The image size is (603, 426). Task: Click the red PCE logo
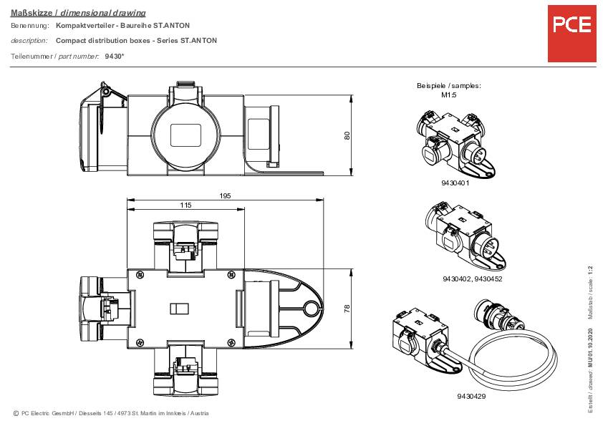(x=572, y=34)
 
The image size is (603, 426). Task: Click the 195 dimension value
(x=225, y=195)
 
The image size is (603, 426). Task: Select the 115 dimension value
(x=185, y=205)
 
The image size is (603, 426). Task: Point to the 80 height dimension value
(x=347, y=135)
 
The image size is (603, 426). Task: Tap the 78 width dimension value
(x=347, y=309)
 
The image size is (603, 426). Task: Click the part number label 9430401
(x=455, y=183)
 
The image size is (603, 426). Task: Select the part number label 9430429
(x=471, y=396)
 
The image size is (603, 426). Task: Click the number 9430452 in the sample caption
(x=488, y=279)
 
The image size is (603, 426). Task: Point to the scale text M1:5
(x=449, y=95)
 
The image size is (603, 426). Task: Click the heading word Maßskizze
(x=32, y=13)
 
